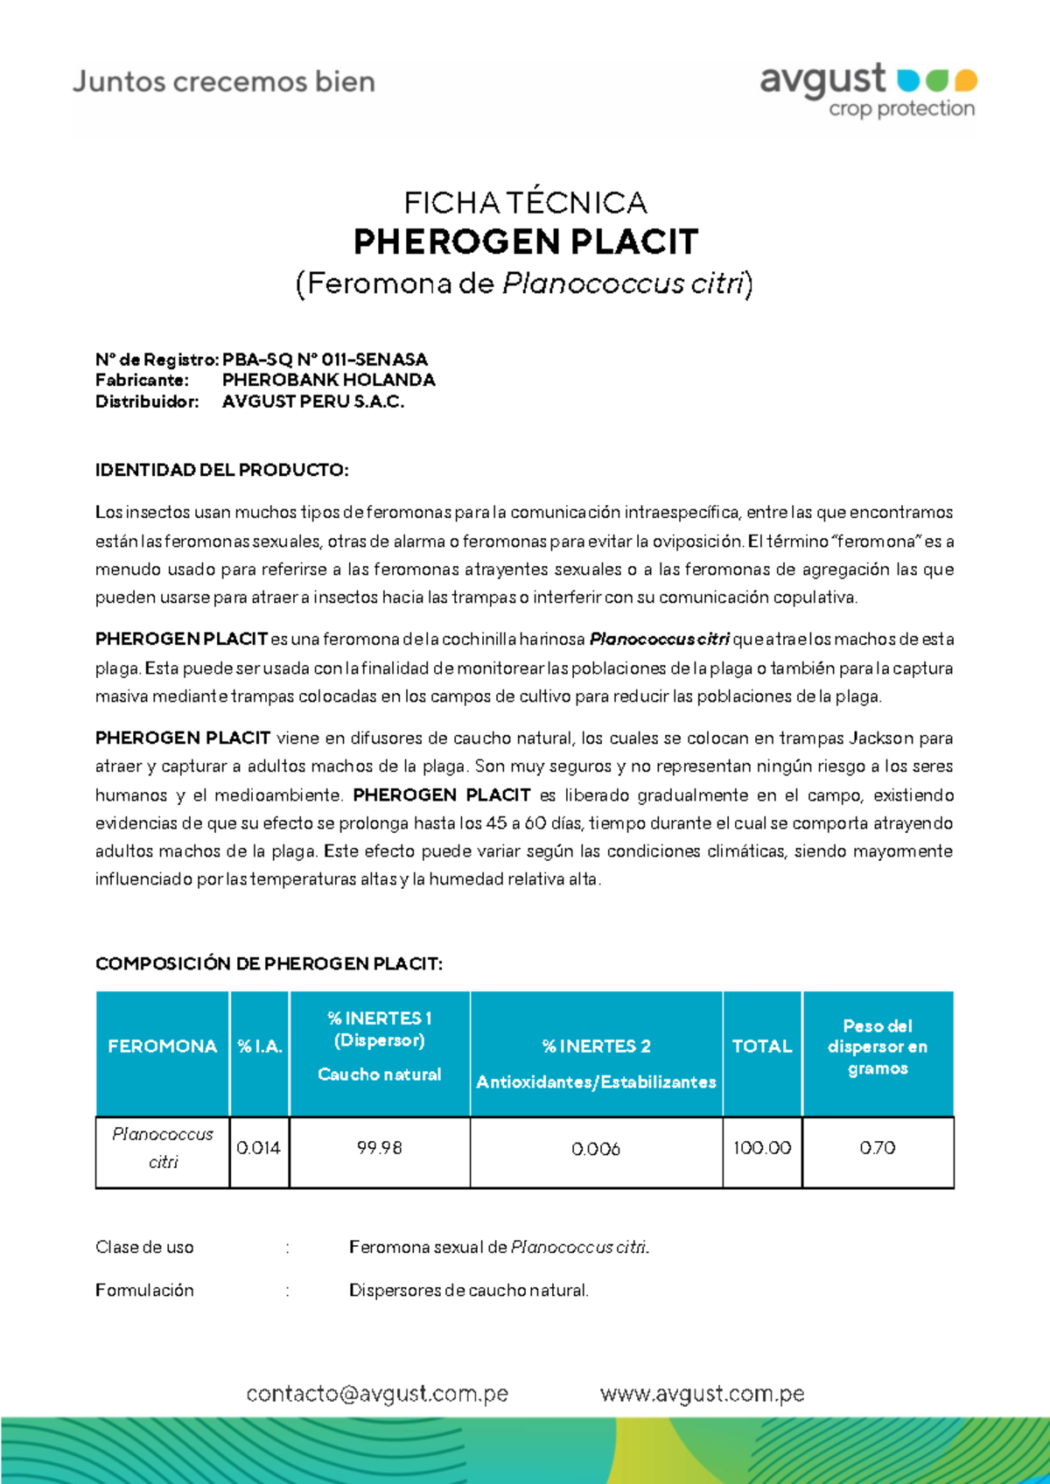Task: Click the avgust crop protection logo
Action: click(x=867, y=89)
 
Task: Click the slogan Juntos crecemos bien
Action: click(x=224, y=82)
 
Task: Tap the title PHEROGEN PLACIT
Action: click(x=525, y=241)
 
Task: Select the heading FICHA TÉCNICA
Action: click(x=525, y=203)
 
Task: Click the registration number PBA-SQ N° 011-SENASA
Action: click(x=325, y=360)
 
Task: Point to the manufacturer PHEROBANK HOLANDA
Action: click(x=328, y=381)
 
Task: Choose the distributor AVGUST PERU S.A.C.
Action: click(x=313, y=402)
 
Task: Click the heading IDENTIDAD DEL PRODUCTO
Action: click(x=221, y=470)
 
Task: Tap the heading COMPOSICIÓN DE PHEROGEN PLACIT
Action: click(x=269, y=963)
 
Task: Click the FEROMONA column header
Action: click(x=162, y=1046)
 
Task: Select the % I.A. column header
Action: click(x=260, y=1046)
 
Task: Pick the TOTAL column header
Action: click(x=761, y=1046)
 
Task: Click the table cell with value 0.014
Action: click(x=259, y=1148)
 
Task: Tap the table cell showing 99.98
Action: click(x=380, y=1148)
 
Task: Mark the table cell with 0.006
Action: click(x=596, y=1149)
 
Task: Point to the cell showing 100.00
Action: click(x=761, y=1148)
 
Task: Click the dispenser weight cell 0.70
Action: click(x=878, y=1148)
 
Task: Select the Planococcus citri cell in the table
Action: click(x=163, y=1148)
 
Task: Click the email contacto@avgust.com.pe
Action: click(x=377, y=1394)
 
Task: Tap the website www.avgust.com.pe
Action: click(x=702, y=1394)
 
